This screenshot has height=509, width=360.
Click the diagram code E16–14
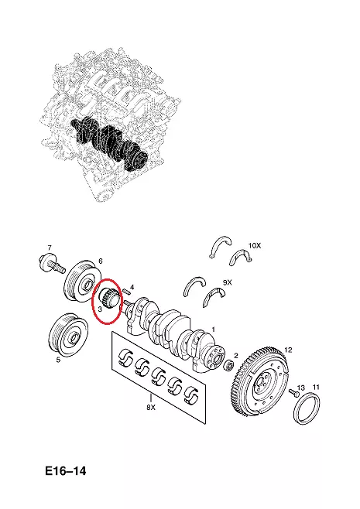click(66, 470)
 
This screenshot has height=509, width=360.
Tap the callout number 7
click(49, 248)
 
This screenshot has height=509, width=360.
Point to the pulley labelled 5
click(68, 336)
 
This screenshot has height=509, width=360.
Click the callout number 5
click(58, 360)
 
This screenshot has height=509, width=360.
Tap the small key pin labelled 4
click(127, 291)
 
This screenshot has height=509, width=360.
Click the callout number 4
click(132, 287)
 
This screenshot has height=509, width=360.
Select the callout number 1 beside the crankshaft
click(213, 330)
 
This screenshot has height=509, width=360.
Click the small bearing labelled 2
click(230, 366)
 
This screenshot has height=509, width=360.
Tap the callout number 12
click(288, 350)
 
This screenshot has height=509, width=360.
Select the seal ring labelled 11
click(307, 408)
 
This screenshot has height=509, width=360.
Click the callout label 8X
click(151, 408)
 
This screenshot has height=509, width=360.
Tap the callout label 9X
click(228, 283)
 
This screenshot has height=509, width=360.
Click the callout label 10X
click(255, 246)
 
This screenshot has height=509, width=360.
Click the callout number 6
click(101, 261)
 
